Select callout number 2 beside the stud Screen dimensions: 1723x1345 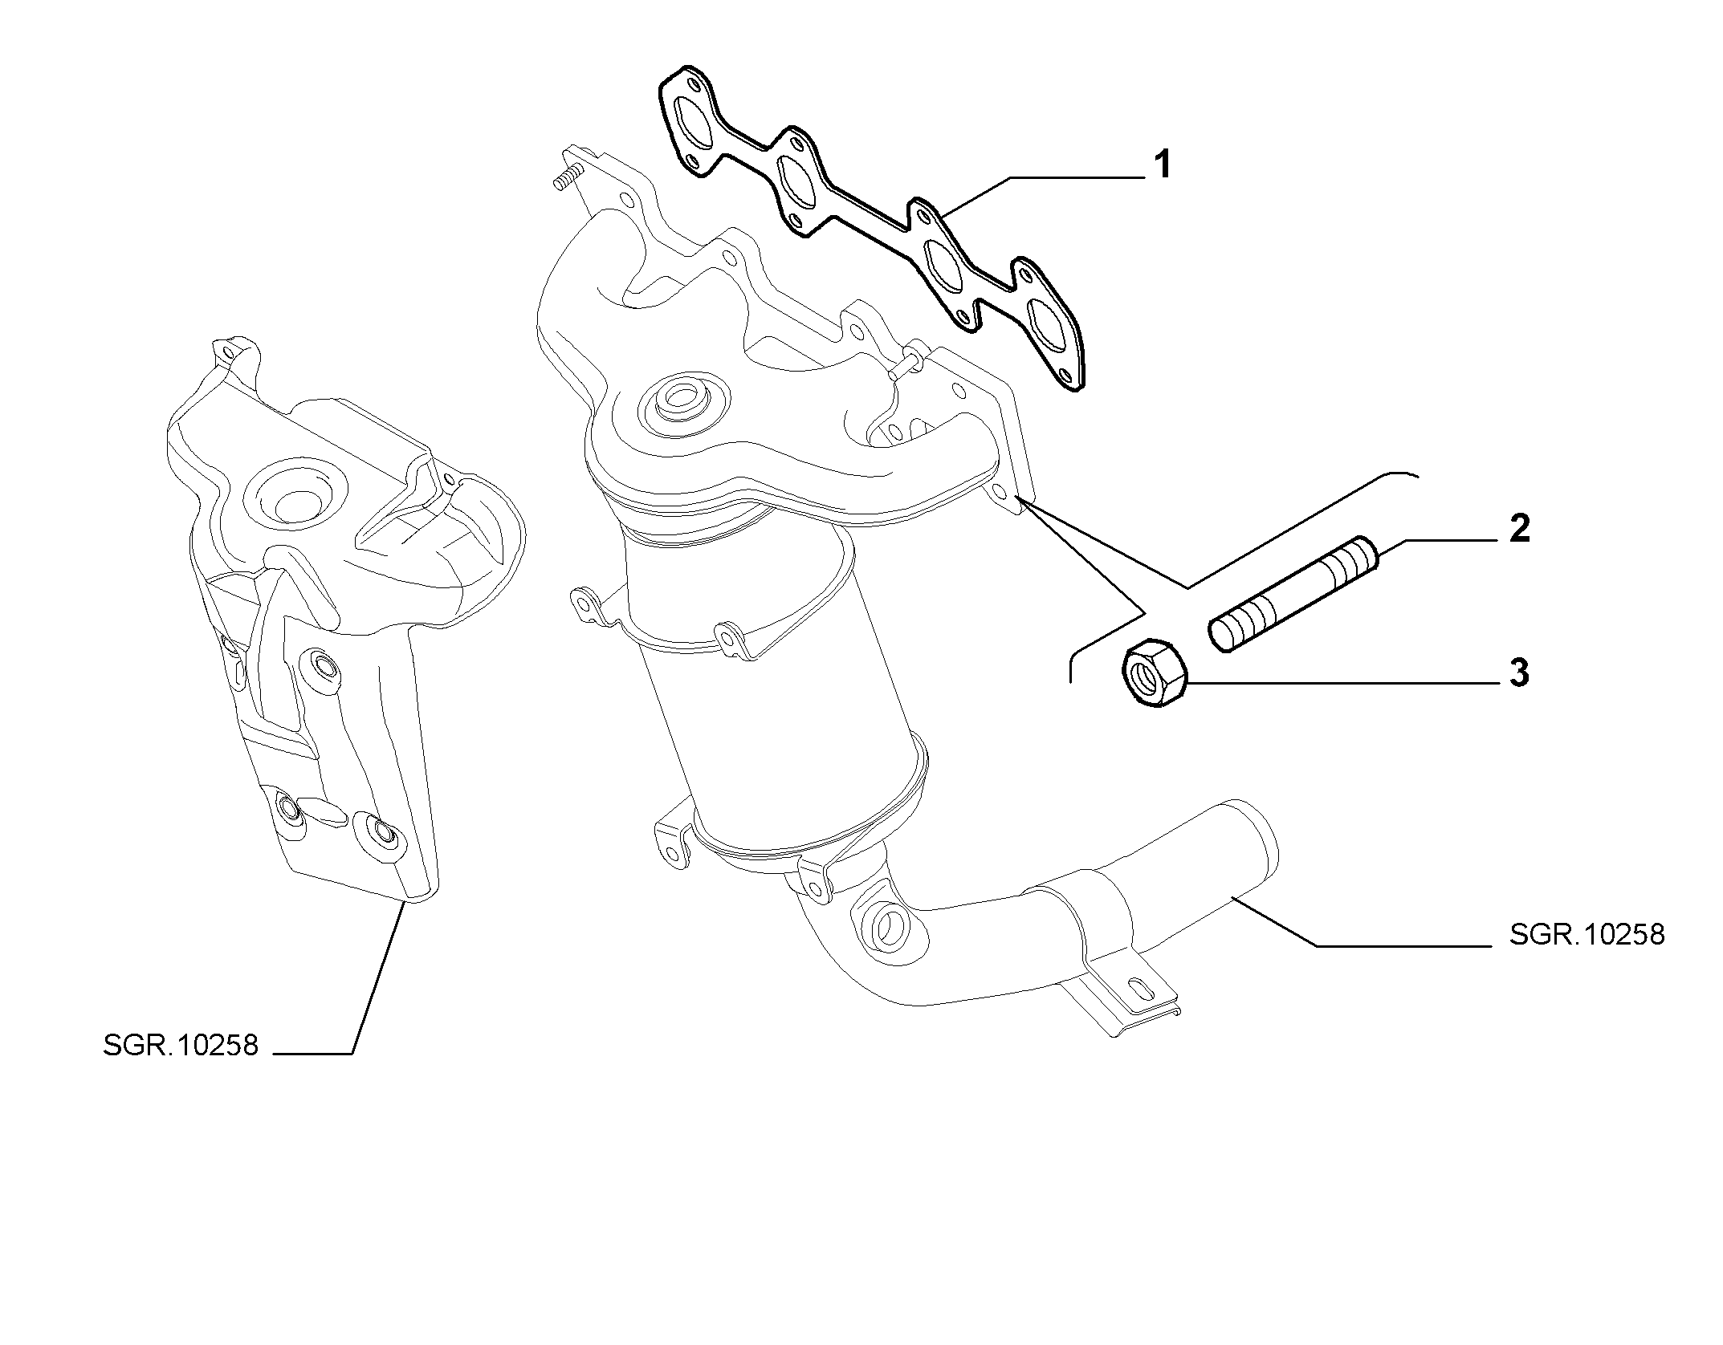click(x=1519, y=529)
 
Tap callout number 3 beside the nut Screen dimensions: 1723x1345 click(x=1519, y=673)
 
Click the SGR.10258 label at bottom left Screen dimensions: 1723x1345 click(x=181, y=1046)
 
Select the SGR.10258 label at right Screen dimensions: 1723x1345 click(x=1587, y=934)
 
